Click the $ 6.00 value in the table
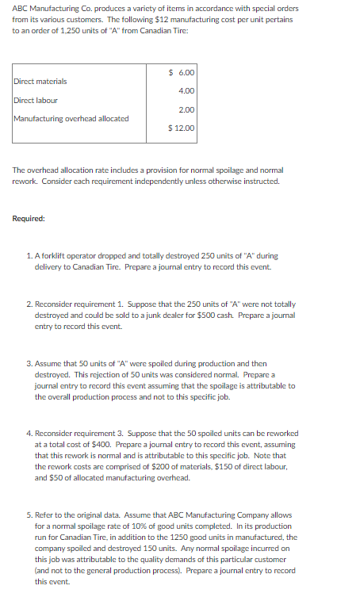[182, 73]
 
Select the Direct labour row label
[36, 101]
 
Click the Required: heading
[29, 217]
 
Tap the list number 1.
[29, 256]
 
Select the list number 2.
[29, 304]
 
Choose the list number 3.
[29, 364]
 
